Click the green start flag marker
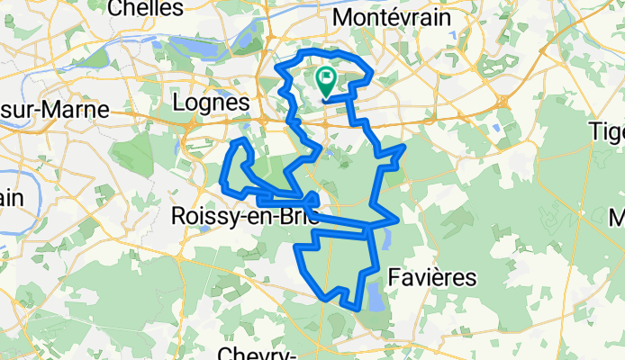pyautogui.click(x=325, y=80)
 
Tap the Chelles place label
pyautogui.click(x=142, y=8)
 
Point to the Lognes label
pyautogui.click(x=210, y=104)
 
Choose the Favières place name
pyautogui.click(x=431, y=277)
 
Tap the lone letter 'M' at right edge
pyautogui.click(x=617, y=218)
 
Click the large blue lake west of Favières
pyautogui.click(x=371, y=293)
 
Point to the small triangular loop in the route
pyautogui.click(x=311, y=198)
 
